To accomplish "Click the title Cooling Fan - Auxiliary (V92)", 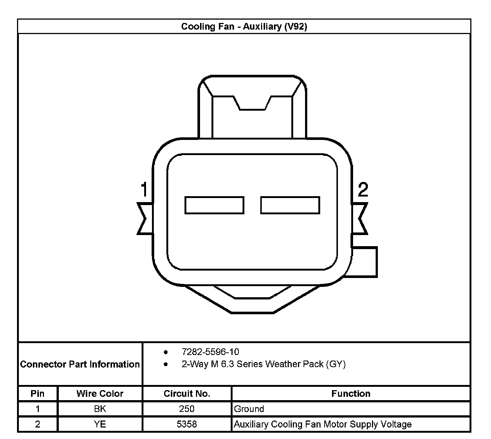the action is point(244,26).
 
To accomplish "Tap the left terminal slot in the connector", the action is point(214,205).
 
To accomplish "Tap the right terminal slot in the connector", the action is point(290,205).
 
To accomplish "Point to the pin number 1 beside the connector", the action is point(144,189).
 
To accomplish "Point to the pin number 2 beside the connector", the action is point(363,189).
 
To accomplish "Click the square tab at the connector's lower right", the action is point(365,262).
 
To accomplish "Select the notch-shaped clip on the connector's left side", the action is point(145,218).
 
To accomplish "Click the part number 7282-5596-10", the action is point(210,352).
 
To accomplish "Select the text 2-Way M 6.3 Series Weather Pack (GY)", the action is point(264,364).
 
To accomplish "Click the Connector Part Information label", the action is point(80,364).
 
